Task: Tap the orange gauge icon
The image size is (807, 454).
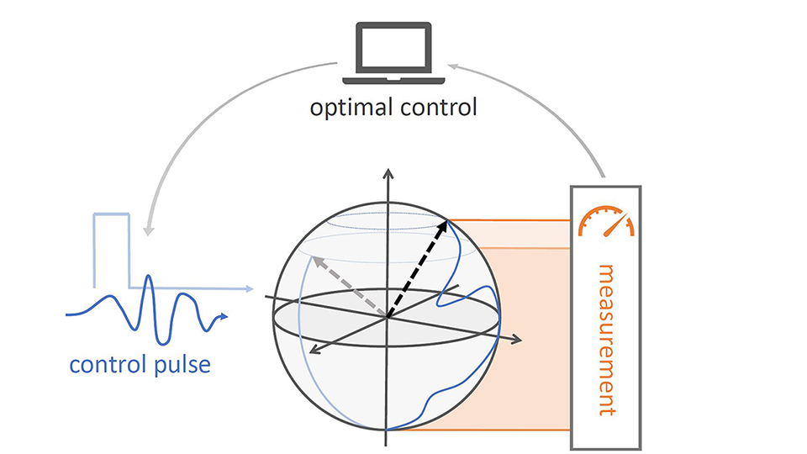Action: point(605,219)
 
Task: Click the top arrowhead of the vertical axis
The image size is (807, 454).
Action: point(388,172)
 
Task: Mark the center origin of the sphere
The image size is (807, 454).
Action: point(388,317)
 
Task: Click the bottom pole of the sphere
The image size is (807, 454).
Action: point(388,430)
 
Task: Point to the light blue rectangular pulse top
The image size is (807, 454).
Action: point(112,216)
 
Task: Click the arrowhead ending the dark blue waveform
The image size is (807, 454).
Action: point(224,317)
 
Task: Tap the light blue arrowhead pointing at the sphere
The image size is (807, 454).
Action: point(250,288)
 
